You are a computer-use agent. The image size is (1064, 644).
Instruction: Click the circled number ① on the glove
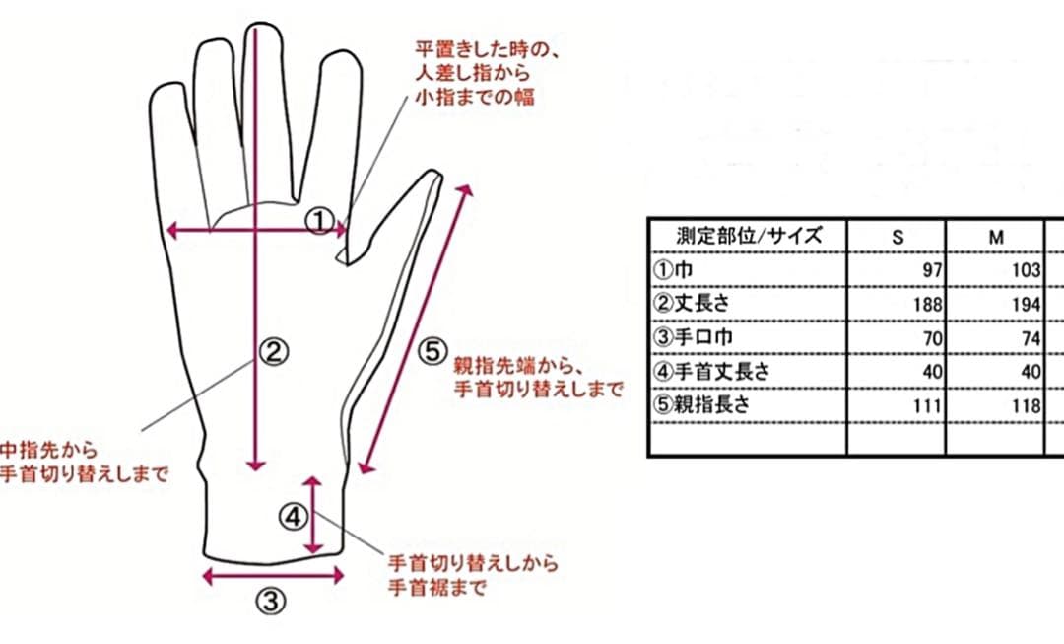[319, 222]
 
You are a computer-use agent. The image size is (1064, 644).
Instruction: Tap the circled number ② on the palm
[273, 352]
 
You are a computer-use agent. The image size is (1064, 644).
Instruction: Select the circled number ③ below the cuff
[270, 601]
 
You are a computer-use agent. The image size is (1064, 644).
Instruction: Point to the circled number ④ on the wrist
[294, 518]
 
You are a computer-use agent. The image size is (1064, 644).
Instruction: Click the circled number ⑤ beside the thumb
[432, 351]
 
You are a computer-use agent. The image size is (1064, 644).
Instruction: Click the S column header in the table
[898, 237]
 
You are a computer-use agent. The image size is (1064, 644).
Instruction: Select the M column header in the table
[995, 237]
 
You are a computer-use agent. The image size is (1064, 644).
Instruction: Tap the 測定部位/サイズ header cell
[749, 236]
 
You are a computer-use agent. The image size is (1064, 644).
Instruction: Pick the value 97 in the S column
[932, 270]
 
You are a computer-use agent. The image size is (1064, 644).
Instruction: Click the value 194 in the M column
[1026, 305]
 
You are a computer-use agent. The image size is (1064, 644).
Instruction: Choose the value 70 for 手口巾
[932, 338]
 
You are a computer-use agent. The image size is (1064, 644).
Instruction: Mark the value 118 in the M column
[1026, 406]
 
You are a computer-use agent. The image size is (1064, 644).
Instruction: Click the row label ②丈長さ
[692, 303]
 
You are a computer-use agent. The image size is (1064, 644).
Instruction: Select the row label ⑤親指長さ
[701, 405]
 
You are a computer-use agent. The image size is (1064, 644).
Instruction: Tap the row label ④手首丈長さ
[712, 371]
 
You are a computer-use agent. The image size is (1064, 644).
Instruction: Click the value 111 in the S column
[928, 406]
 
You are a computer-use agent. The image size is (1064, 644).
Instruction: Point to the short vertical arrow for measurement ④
[313, 515]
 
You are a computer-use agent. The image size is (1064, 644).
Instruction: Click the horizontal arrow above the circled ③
[274, 577]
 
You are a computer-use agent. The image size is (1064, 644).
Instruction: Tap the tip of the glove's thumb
[434, 174]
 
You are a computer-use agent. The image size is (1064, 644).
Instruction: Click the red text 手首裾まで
[437, 587]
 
